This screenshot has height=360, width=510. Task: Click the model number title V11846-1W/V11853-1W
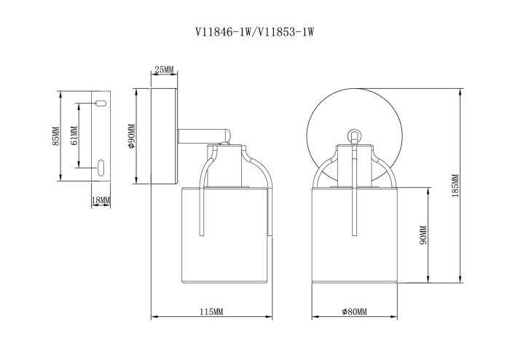coord(255,32)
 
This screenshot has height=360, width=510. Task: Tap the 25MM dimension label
coord(164,69)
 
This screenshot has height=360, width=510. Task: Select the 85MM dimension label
coord(56,136)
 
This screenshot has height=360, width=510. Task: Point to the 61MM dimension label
coord(74,136)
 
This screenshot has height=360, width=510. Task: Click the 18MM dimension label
coord(101,200)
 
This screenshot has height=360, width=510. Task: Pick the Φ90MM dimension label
coord(131,136)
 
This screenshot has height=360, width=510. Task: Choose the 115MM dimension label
coord(211,312)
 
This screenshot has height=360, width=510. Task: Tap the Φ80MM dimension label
coord(354,312)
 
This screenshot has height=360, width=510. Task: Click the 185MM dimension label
coord(455,186)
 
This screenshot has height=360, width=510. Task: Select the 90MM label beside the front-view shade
coord(423,235)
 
